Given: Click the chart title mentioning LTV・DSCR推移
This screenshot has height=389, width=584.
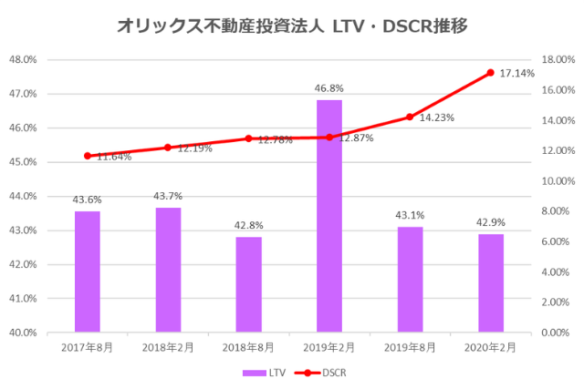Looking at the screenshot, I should pyautogui.click(x=292, y=26).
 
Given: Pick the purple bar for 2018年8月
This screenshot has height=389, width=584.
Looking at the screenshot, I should pyautogui.click(x=249, y=284).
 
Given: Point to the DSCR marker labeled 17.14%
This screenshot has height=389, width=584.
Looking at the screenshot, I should pyautogui.click(x=490, y=73).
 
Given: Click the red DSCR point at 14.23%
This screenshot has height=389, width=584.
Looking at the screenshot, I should pyautogui.click(x=410, y=117).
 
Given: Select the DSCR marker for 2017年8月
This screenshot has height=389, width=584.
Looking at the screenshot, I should pyautogui.click(x=88, y=156).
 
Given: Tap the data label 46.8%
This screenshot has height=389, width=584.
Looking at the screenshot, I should pyautogui.click(x=329, y=89).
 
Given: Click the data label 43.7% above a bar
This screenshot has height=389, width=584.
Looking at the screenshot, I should pyautogui.click(x=168, y=197).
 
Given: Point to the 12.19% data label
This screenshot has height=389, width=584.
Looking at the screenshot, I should pyautogui.click(x=193, y=148).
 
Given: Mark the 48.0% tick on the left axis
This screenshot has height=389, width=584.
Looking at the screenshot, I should pyautogui.click(x=22, y=60).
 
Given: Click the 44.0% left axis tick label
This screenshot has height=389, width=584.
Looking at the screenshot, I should pyautogui.click(x=22, y=197).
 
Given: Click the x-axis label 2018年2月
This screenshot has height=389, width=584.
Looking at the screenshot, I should pyautogui.click(x=168, y=347).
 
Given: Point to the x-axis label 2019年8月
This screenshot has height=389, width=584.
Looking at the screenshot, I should pyautogui.click(x=410, y=347).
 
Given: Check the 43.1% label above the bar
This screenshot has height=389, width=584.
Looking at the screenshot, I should pyautogui.click(x=410, y=216).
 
